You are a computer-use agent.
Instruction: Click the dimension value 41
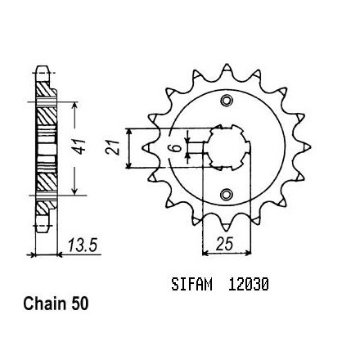coord(80,146)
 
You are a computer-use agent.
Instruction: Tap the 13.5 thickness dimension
coord(83,245)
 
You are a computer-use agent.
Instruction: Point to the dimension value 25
coord(225,244)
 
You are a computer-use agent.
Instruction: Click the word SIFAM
coord(191,284)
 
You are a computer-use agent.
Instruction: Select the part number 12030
coord(248,284)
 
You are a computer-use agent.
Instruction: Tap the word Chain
coord(44,304)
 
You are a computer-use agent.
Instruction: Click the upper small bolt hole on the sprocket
coord(226,100)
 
